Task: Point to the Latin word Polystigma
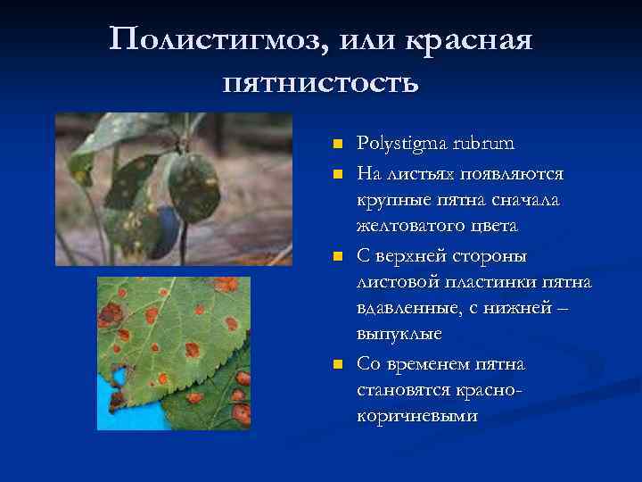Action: click(x=398, y=144)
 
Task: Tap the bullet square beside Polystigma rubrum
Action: click(x=336, y=145)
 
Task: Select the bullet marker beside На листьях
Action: click(x=336, y=171)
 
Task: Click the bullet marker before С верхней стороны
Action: click(x=336, y=257)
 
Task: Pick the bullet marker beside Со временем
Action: click(x=336, y=364)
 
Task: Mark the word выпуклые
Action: click(x=399, y=334)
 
